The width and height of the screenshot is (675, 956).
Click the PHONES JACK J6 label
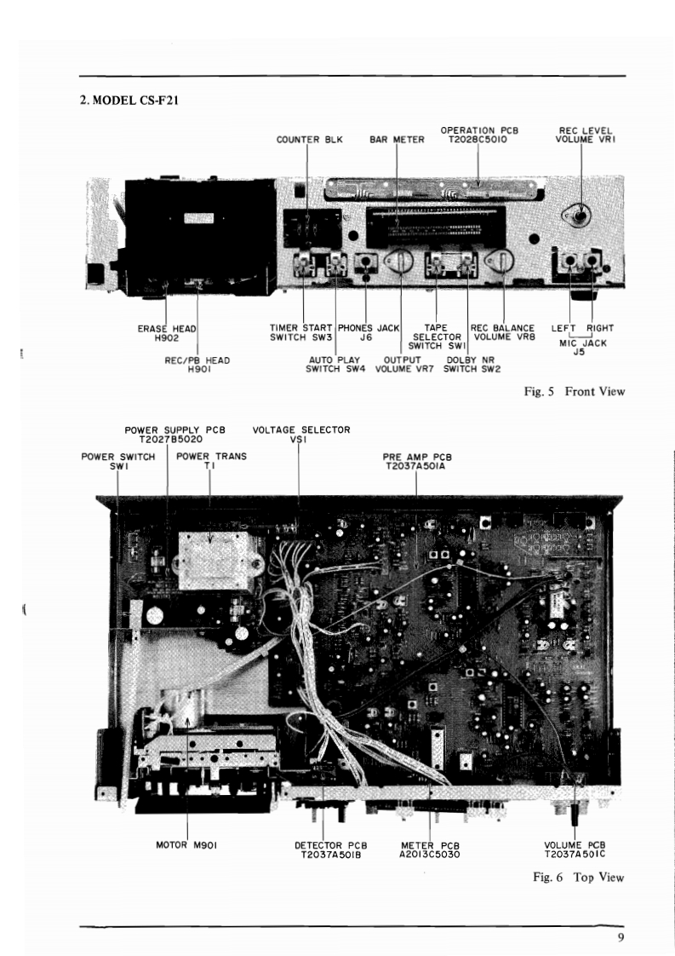click(368, 332)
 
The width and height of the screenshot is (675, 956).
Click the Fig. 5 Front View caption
click(575, 392)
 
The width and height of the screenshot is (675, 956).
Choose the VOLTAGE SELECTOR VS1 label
click(301, 435)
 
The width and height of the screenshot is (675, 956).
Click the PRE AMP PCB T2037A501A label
click(415, 462)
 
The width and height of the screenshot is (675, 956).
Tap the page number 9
click(621, 938)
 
